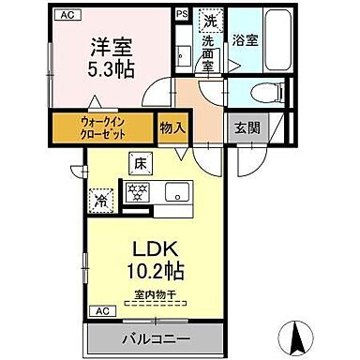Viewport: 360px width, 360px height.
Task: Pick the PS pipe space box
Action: pyautogui.click(x=180, y=15)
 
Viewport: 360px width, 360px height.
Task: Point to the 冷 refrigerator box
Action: pyautogui.click(x=99, y=197)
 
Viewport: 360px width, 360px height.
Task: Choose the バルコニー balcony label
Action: pyautogui.click(x=156, y=337)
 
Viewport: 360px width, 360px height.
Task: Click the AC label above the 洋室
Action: pyautogui.click(x=67, y=15)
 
